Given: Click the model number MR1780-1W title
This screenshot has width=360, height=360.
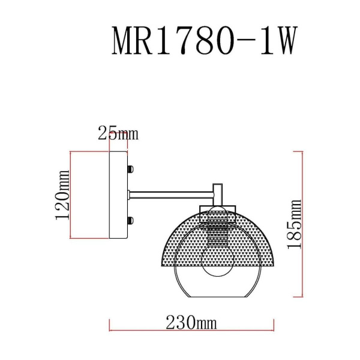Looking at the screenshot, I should click(x=204, y=42).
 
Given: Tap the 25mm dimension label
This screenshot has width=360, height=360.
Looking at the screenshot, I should click(x=118, y=134).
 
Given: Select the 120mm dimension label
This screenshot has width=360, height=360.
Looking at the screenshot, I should click(x=62, y=195).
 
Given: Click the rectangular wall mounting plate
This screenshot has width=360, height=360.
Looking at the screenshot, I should click(x=118, y=195).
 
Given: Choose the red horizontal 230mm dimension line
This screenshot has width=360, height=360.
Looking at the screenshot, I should click(x=191, y=331).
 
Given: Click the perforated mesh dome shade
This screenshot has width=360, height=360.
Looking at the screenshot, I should click(x=180, y=240).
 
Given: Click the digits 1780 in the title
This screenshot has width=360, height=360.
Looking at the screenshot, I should click(x=192, y=42).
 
